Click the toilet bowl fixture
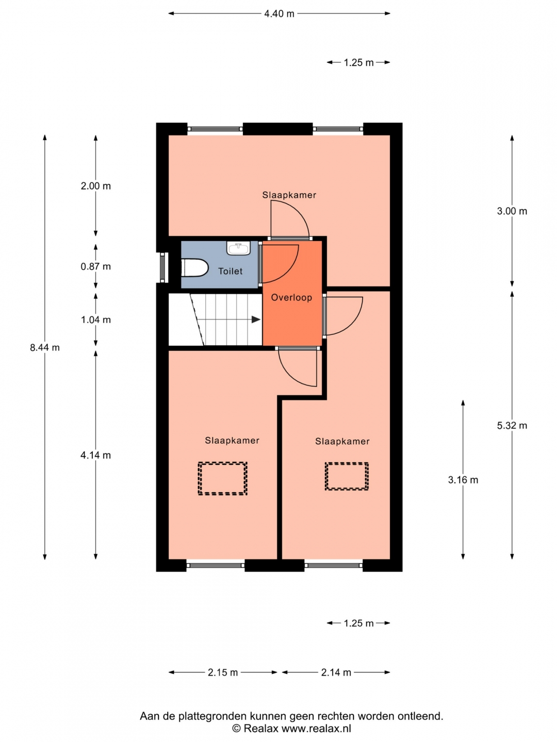click(x=194, y=268)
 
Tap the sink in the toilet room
click(x=238, y=248)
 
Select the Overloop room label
click(x=291, y=297)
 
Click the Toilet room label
click(x=231, y=271)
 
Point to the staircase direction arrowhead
click(x=256, y=319)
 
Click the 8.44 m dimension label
click(x=45, y=347)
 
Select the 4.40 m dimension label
click(x=279, y=14)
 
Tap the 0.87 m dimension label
click(x=96, y=266)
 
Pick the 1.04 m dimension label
click(x=96, y=319)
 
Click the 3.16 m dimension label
click(x=463, y=480)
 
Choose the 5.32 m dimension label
click(x=512, y=426)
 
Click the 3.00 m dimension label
click(x=512, y=211)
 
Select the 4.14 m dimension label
click(x=96, y=456)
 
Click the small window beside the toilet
click(x=162, y=267)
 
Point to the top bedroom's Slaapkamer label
click(x=289, y=195)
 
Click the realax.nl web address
click(x=316, y=728)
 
